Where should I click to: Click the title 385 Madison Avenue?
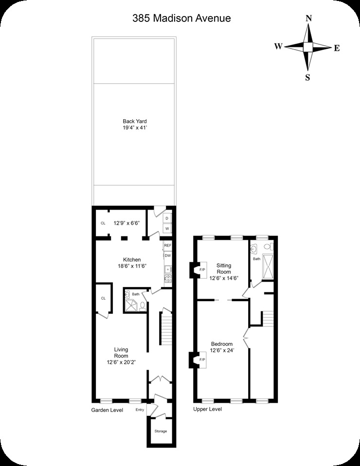pyautogui.click(x=181, y=18)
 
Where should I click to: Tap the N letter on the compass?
pyautogui.click(x=308, y=18)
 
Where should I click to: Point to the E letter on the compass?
pyautogui.click(x=336, y=48)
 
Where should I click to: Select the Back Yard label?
pyautogui.click(x=135, y=125)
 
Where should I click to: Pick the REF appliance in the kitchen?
pyautogui.click(x=168, y=246)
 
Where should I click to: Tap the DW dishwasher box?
pyautogui.click(x=168, y=255)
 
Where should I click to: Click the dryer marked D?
pyautogui.click(x=167, y=218)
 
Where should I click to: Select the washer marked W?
pyautogui.click(x=167, y=228)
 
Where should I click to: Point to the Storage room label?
pyautogui.click(x=161, y=431)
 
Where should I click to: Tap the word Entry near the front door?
pyautogui.click(x=140, y=410)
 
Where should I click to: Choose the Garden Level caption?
pyautogui.click(x=107, y=410)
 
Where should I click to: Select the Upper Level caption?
pyautogui.click(x=208, y=409)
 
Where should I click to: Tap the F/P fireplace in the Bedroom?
pyautogui.click(x=202, y=359)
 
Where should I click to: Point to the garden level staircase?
pyautogui.click(x=166, y=328)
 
